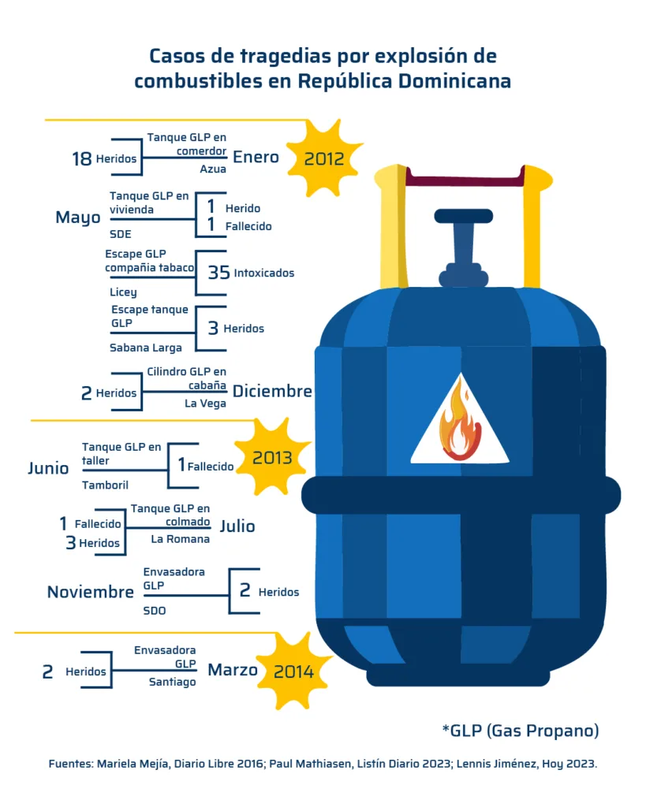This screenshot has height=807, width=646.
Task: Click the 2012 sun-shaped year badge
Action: pyautogui.click(x=323, y=158)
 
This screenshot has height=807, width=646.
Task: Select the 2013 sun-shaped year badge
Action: pyautogui.click(x=272, y=458)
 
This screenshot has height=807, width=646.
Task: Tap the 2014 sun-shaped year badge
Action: pyautogui.click(x=293, y=671)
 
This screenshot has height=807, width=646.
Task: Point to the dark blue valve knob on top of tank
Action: pyautogui.click(x=463, y=216)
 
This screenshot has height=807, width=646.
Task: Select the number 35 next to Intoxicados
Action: pyautogui.click(x=218, y=273)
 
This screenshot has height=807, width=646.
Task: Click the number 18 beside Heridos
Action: pyautogui.click(x=81, y=158)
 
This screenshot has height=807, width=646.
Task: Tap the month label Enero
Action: pyautogui.click(x=256, y=157)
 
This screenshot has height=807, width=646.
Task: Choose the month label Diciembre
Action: pyautogui.click(x=272, y=392)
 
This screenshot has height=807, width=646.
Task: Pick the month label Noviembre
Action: pyautogui.click(x=90, y=592)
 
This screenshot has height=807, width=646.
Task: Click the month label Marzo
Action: pyautogui.click(x=233, y=670)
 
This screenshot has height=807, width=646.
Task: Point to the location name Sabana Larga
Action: pyautogui.click(x=146, y=348)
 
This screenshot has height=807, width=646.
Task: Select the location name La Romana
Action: pyautogui.click(x=181, y=540)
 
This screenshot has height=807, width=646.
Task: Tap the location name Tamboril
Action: pyautogui.click(x=105, y=485)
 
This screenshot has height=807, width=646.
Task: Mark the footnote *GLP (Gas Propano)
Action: pyautogui.click(x=520, y=731)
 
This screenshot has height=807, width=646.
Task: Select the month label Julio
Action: pyautogui.click(x=237, y=526)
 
